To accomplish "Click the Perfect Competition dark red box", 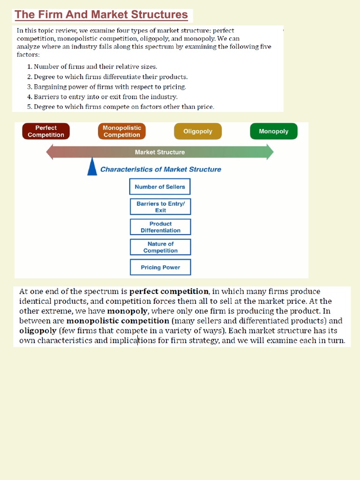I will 46,131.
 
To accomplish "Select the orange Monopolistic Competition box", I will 122,131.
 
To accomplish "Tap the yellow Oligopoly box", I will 198,132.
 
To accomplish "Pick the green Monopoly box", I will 274,132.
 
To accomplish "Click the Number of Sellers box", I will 160,187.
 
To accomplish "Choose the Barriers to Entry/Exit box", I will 160,207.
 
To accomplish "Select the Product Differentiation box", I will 160,227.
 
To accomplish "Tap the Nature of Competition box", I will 160,247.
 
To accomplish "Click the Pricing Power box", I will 160,267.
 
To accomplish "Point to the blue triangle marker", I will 92,167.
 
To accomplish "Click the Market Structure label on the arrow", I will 160,152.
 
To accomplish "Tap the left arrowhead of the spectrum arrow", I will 50,152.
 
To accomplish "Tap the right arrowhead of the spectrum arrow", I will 270,152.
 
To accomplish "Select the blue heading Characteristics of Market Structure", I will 161,169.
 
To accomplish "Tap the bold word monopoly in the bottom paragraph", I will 127,311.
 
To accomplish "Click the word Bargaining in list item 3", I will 51,87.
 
